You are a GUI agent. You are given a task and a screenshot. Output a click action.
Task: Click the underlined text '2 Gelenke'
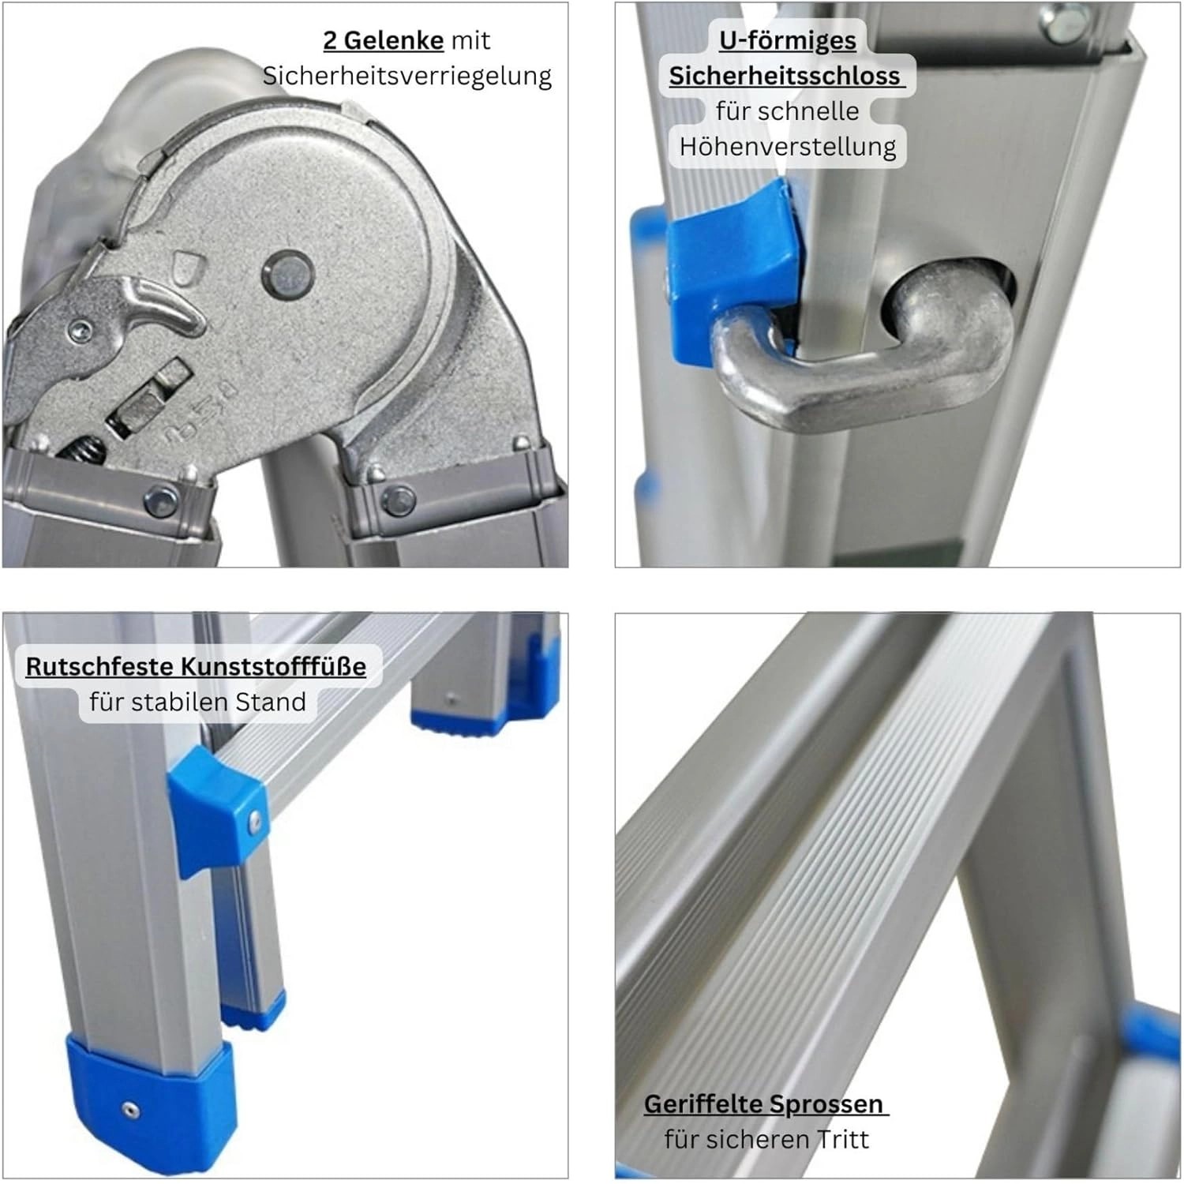[383, 40]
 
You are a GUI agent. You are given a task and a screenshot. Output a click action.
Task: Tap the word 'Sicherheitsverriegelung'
[407, 76]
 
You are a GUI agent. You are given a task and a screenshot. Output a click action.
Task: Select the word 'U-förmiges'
[787, 40]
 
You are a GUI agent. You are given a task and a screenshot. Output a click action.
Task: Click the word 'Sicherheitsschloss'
[785, 76]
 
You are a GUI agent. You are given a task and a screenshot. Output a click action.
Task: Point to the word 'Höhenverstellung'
[787, 147]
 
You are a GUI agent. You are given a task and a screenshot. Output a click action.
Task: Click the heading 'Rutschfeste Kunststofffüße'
[196, 666]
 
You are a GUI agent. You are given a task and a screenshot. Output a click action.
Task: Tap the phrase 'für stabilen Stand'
[197, 702]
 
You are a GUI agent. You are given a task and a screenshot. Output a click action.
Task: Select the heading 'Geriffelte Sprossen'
[763, 1103]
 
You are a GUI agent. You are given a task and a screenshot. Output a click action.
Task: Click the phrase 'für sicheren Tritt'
[766, 1139]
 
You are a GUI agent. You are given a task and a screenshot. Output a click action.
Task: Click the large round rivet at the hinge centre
[287, 273]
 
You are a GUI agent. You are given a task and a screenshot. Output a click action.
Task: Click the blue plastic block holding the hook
[730, 260]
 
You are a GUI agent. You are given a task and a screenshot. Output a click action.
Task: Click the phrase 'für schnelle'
[787, 111]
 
